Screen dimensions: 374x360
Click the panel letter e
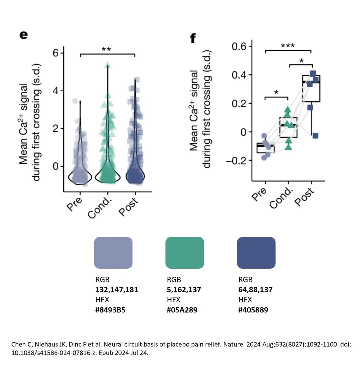pyautogui.click(x=23, y=35)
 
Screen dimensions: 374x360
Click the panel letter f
pyautogui.click(x=193, y=38)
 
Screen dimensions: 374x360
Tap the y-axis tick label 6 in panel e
pyautogui.click(x=55, y=53)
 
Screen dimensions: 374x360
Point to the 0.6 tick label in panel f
pyautogui.click(x=242, y=46)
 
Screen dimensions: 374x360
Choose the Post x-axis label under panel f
pyautogui.click(x=304, y=197)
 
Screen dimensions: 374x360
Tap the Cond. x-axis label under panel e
pyautogui.click(x=100, y=207)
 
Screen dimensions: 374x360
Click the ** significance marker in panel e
pyautogui.click(x=106, y=50)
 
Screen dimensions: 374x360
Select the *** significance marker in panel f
pyautogui.click(x=288, y=46)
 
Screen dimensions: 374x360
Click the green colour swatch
pyautogui.click(x=184, y=253)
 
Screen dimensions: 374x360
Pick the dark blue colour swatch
pyautogui.click(x=256, y=253)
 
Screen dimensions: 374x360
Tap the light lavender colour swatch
pyautogui.click(x=113, y=253)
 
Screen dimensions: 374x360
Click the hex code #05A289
pyautogui.click(x=182, y=310)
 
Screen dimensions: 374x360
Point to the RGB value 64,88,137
pyautogui.click(x=255, y=290)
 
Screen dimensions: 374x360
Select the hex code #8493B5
pyautogui.click(x=111, y=310)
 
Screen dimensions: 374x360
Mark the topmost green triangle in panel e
pyautogui.click(x=107, y=65)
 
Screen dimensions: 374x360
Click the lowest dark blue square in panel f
pyautogui.click(x=315, y=136)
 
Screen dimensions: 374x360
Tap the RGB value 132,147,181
pyautogui.click(x=117, y=290)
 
